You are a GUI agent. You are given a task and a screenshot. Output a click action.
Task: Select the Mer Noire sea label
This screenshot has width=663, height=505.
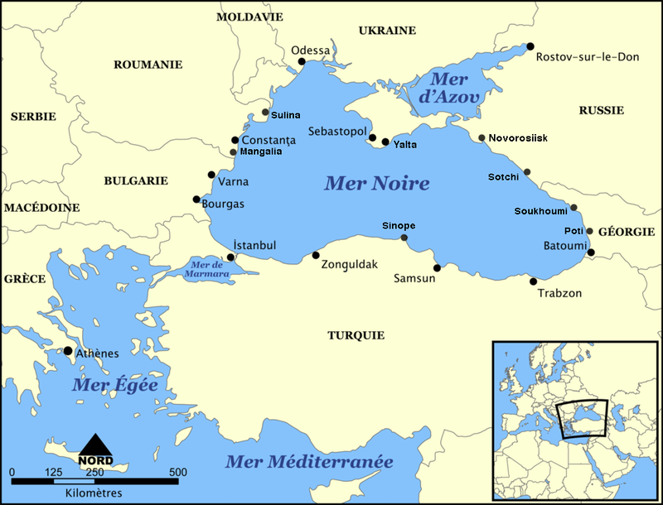[377, 183]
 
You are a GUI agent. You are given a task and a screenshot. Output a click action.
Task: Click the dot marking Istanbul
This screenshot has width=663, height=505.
[231, 257]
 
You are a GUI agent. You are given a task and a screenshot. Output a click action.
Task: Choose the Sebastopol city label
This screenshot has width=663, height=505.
[336, 132]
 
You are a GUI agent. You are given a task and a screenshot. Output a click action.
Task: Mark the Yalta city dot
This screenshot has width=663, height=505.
[385, 142]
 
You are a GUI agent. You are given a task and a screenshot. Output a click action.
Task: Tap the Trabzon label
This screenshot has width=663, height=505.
[559, 293]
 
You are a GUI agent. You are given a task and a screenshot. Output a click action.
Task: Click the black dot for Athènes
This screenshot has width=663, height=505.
[68, 351]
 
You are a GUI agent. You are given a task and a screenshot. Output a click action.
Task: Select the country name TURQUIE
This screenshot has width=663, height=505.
[356, 335]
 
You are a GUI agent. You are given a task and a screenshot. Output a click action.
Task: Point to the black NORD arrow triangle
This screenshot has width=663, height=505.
[96, 445]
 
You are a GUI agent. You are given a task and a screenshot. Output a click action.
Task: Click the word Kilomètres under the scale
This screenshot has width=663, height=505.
[93, 493]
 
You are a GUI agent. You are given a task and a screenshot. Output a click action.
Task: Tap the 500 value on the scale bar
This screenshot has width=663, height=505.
[177, 472]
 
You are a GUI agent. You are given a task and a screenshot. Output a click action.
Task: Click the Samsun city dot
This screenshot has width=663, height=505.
[437, 267]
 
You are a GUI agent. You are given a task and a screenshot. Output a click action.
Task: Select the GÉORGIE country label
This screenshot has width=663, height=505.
[626, 232]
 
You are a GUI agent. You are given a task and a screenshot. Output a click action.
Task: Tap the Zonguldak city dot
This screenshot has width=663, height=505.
[316, 255]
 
